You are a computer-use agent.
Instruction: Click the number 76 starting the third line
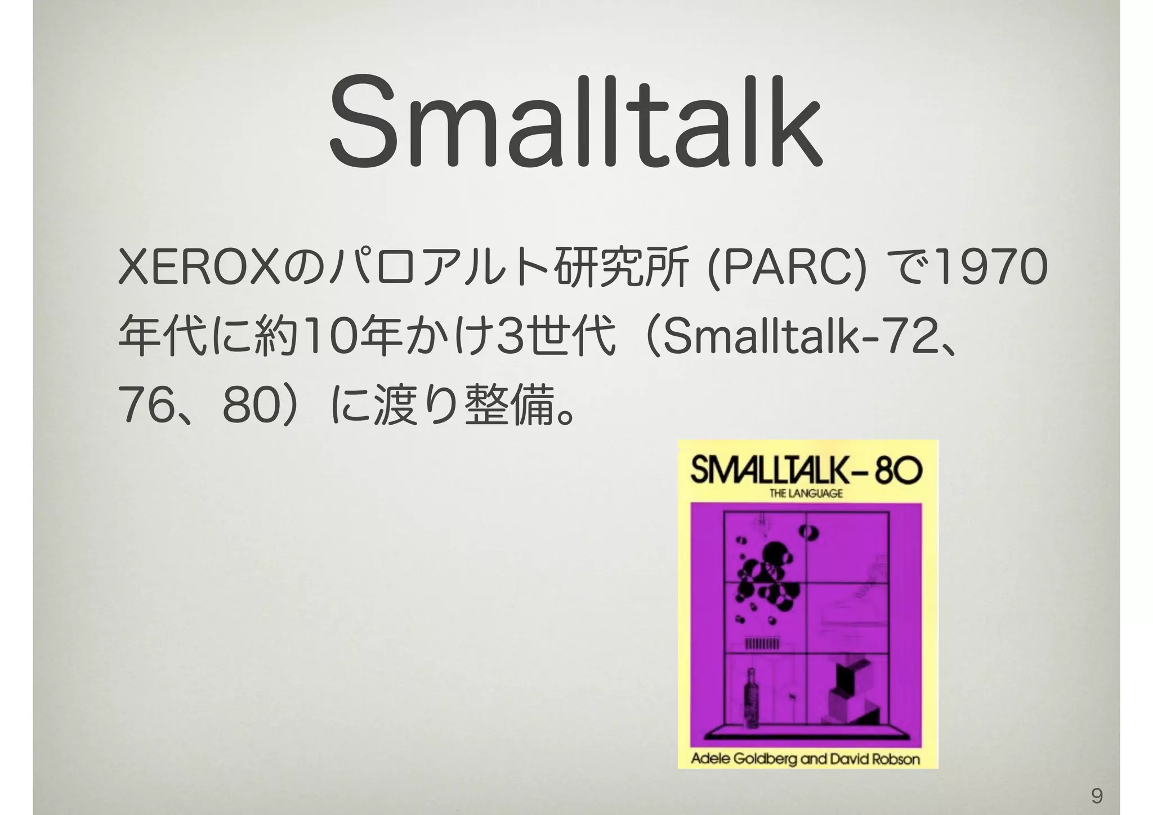tap(140, 407)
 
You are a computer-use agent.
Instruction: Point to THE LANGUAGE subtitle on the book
tap(806, 494)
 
